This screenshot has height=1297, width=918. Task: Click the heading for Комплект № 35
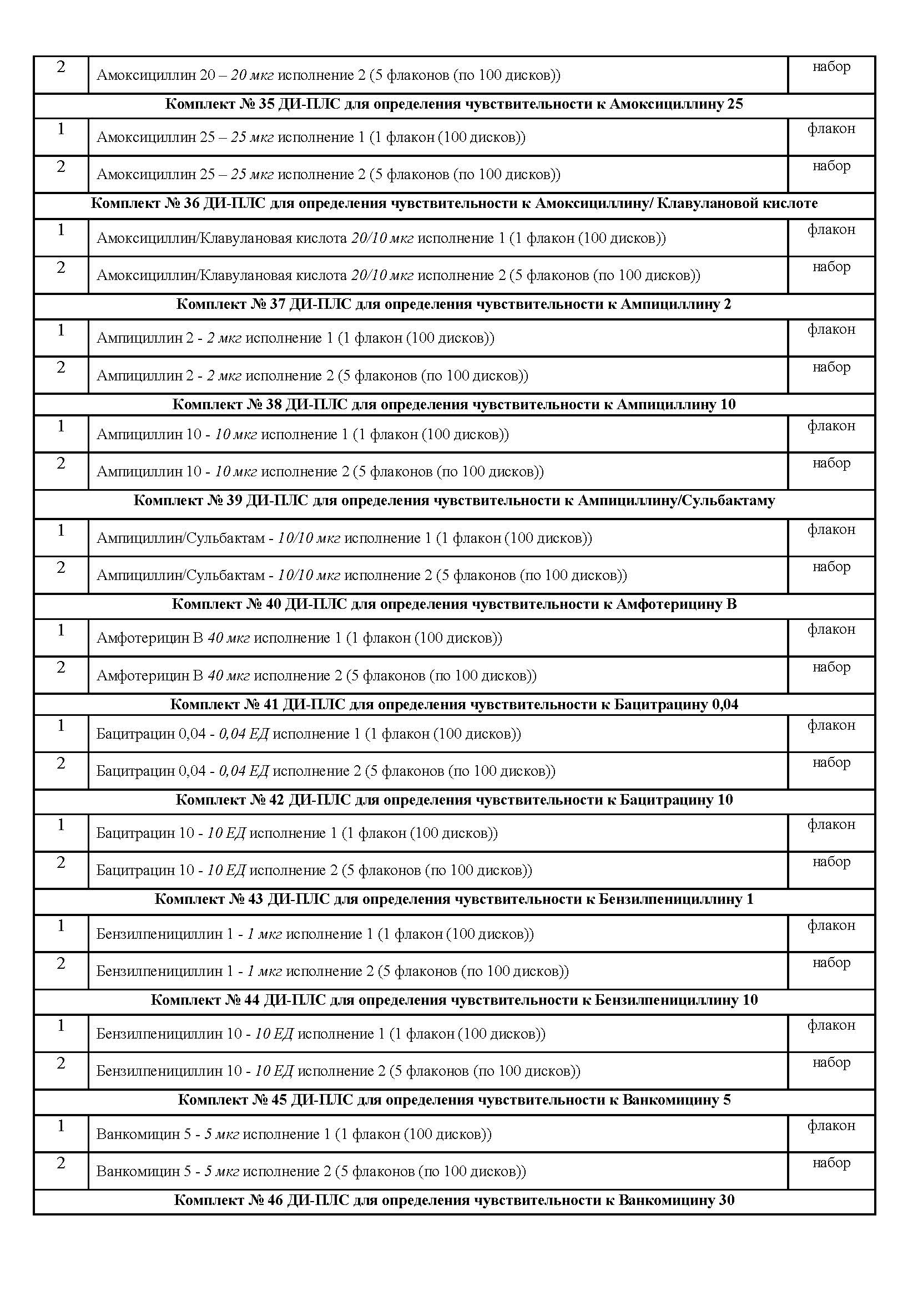tap(454, 104)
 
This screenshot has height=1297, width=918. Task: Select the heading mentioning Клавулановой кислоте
tap(454, 204)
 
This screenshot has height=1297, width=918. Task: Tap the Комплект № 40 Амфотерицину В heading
tap(454, 604)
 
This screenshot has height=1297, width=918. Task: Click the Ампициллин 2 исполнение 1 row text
tap(295, 338)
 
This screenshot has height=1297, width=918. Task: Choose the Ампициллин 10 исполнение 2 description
tap(320, 472)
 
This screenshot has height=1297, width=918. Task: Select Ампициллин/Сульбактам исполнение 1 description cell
tap(344, 538)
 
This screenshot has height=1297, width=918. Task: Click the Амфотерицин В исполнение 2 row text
tap(316, 675)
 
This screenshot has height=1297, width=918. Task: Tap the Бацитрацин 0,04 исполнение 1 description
tap(308, 734)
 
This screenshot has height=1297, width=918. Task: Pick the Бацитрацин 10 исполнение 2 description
tap(314, 871)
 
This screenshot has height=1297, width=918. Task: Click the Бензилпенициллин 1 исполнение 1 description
tap(315, 934)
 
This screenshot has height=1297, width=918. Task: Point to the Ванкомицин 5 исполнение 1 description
tap(294, 1135)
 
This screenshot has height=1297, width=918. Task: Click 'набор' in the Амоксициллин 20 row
tap(831, 67)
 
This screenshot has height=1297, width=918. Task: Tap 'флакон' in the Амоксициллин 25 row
tap(831, 129)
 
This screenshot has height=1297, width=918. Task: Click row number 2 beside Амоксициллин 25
tap(61, 167)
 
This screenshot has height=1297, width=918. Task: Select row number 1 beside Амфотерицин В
tap(61, 630)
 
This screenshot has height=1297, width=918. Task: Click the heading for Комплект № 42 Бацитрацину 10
tap(454, 800)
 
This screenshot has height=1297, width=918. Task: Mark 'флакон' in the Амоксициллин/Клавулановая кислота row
tap(831, 230)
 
